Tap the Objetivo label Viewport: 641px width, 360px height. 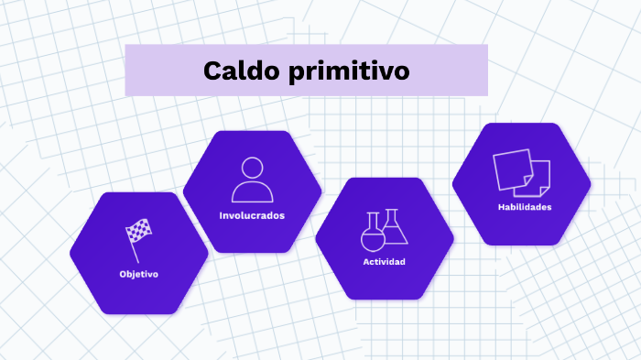[x=138, y=274]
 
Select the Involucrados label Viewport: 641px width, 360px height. [x=252, y=216]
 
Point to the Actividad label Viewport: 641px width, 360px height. [x=384, y=262]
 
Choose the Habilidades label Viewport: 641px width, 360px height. [x=525, y=207]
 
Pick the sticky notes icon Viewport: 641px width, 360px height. [x=522, y=172]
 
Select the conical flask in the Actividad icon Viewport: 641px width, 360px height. [x=394, y=229]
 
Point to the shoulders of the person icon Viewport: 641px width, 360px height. [x=253, y=192]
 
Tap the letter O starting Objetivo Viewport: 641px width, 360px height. [x=123, y=274]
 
